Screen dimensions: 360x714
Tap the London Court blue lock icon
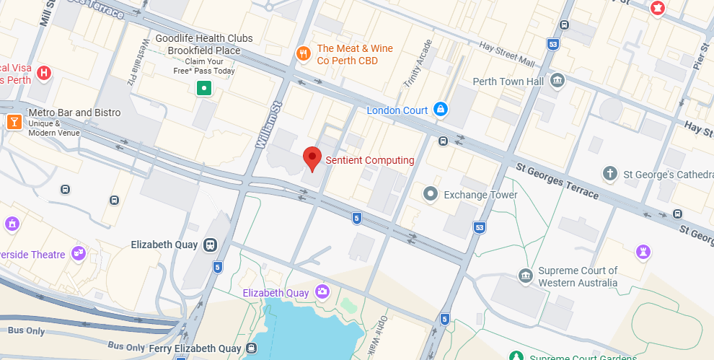pyautogui.click(x=440, y=110)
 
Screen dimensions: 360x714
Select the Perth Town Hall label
pyautogui.click(x=508, y=82)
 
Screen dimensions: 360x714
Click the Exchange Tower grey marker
pyautogui.click(x=431, y=193)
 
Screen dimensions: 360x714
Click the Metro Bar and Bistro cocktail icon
pyautogui.click(x=13, y=122)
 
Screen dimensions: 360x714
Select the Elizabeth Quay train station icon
pyautogui.click(x=210, y=245)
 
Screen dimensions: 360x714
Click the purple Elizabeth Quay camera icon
pyautogui.click(x=322, y=291)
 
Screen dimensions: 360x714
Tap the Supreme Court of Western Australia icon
pyautogui.click(x=526, y=276)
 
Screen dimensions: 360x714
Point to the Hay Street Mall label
pyautogui.click(x=506, y=52)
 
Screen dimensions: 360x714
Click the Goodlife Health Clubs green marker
pyautogui.click(x=205, y=89)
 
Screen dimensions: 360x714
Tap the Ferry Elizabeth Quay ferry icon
pyautogui.click(x=250, y=349)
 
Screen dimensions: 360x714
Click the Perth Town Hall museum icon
pyautogui.click(x=557, y=81)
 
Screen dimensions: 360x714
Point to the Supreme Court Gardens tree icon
pyautogui.click(x=516, y=356)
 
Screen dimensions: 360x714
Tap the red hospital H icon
pyautogui.click(x=44, y=73)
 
